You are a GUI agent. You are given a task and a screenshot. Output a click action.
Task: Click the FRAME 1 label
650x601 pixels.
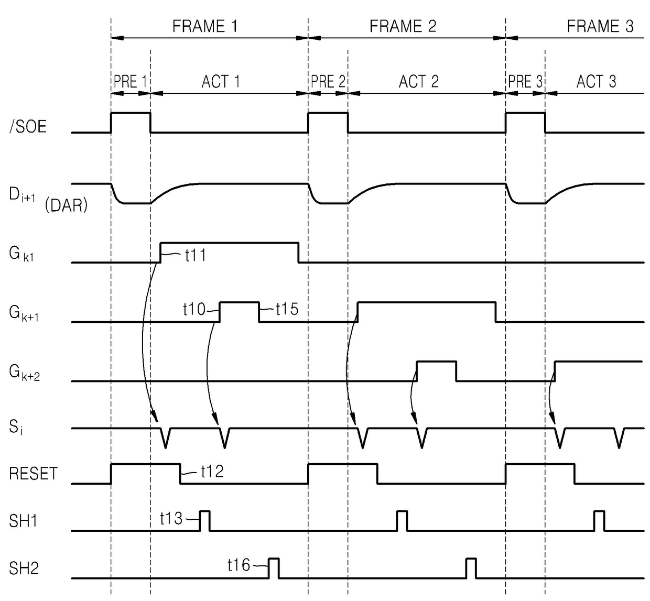[205, 26]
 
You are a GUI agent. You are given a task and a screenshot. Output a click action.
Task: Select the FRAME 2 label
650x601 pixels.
[403, 26]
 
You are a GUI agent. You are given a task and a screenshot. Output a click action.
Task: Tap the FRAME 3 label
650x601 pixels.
[600, 26]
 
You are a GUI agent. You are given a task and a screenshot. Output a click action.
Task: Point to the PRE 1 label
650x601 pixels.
[130, 82]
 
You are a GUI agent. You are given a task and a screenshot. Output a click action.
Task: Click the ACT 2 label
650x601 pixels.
[418, 82]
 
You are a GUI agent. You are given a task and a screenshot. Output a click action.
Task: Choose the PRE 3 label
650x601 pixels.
[525, 82]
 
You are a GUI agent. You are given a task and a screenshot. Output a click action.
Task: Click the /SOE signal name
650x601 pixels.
[28, 126]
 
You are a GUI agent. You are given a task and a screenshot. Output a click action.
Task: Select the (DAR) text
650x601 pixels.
[66, 205]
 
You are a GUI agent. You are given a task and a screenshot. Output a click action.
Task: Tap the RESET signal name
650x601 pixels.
[33, 474]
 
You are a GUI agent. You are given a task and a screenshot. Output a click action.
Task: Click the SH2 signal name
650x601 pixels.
[24, 568]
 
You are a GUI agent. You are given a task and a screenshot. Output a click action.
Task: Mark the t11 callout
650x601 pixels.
[196, 255]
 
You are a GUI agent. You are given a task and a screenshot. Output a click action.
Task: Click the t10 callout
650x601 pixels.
[194, 309]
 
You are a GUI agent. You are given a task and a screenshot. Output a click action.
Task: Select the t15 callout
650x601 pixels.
[287, 309]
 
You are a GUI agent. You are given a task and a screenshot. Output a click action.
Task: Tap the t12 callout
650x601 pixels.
[212, 472]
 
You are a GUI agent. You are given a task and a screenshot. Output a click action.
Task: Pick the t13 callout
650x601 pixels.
[171, 519]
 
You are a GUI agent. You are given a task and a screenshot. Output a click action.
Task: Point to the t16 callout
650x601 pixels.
[239, 565]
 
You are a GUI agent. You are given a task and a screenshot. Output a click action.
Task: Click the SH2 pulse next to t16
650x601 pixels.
[274, 568]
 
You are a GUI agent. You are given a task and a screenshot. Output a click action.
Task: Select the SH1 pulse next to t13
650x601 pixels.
[204, 520]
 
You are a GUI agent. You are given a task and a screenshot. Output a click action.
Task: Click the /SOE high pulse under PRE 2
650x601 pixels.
[328, 122]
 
